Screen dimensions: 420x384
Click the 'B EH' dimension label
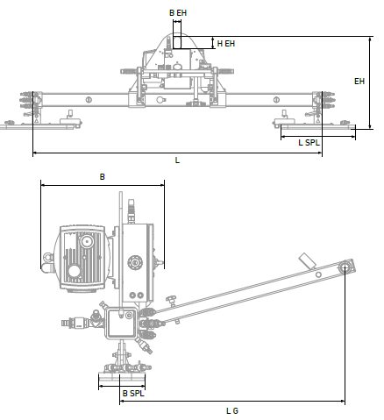[x=177, y=13]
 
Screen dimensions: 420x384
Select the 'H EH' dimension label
[x=225, y=43]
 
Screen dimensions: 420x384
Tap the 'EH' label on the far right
[x=359, y=82]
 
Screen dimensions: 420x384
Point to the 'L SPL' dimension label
[x=309, y=141]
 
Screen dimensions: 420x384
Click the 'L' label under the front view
[x=177, y=160]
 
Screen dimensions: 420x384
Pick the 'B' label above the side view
[x=102, y=177]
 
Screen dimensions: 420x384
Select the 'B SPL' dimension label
[x=132, y=394]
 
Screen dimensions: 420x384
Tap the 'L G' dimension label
[x=231, y=409]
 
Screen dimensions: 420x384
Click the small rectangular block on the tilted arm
[x=308, y=261]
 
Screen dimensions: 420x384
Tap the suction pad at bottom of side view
[x=122, y=380]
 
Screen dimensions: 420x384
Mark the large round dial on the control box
[x=135, y=260]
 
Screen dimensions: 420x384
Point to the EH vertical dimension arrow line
[x=371, y=83]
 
